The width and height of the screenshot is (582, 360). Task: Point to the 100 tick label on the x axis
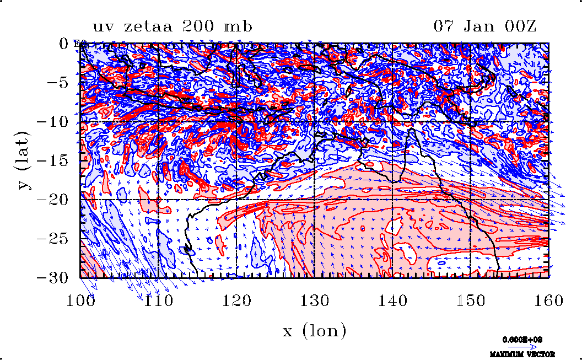point(80,300)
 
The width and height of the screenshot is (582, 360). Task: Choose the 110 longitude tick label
point(159,300)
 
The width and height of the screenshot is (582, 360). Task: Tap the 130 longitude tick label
point(315,300)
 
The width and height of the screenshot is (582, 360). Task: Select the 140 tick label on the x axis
point(393,300)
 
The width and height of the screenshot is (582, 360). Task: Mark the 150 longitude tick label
point(471,300)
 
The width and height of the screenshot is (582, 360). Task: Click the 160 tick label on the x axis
point(549,300)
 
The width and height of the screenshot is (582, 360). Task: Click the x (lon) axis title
point(315,331)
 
